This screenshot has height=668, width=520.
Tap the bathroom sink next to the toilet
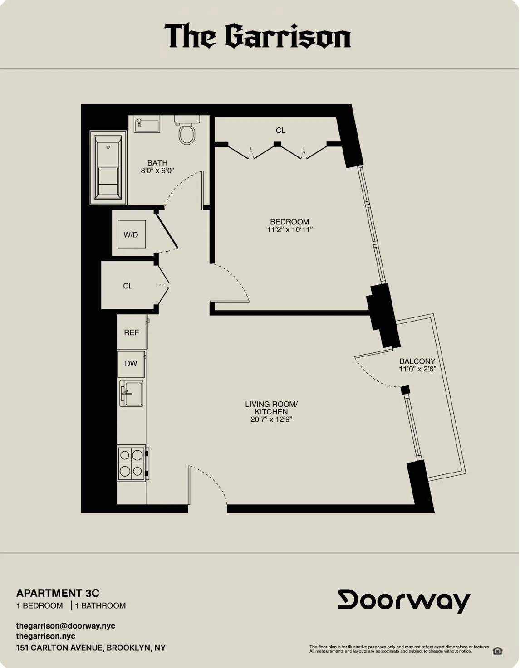tap(147, 124)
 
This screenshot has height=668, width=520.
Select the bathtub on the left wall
tap(108, 168)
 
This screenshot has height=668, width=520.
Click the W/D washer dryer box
tap(131, 234)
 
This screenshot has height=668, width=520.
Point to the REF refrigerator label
tap(131, 332)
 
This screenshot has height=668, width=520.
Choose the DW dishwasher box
tap(131, 363)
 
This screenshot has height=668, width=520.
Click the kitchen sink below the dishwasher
tap(131, 393)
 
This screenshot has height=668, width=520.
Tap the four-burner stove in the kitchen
tap(132, 463)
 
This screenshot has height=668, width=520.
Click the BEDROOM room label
tap(289, 222)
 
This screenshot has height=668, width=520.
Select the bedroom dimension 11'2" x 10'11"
tap(289, 229)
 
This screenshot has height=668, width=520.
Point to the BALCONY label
tap(417, 361)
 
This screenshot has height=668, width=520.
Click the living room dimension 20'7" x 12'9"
tap(271, 419)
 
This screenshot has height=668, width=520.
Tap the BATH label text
tap(157, 163)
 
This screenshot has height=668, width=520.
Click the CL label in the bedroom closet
tap(280, 130)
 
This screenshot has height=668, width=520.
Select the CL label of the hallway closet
tap(128, 286)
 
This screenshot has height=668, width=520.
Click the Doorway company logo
tap(404, 601)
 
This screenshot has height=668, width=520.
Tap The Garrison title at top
tap(258, 36)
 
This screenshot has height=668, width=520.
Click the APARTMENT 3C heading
tap(58, 593)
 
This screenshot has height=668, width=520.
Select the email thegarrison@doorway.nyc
tap(65, 626)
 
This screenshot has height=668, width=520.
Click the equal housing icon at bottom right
tap(497, 651)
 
